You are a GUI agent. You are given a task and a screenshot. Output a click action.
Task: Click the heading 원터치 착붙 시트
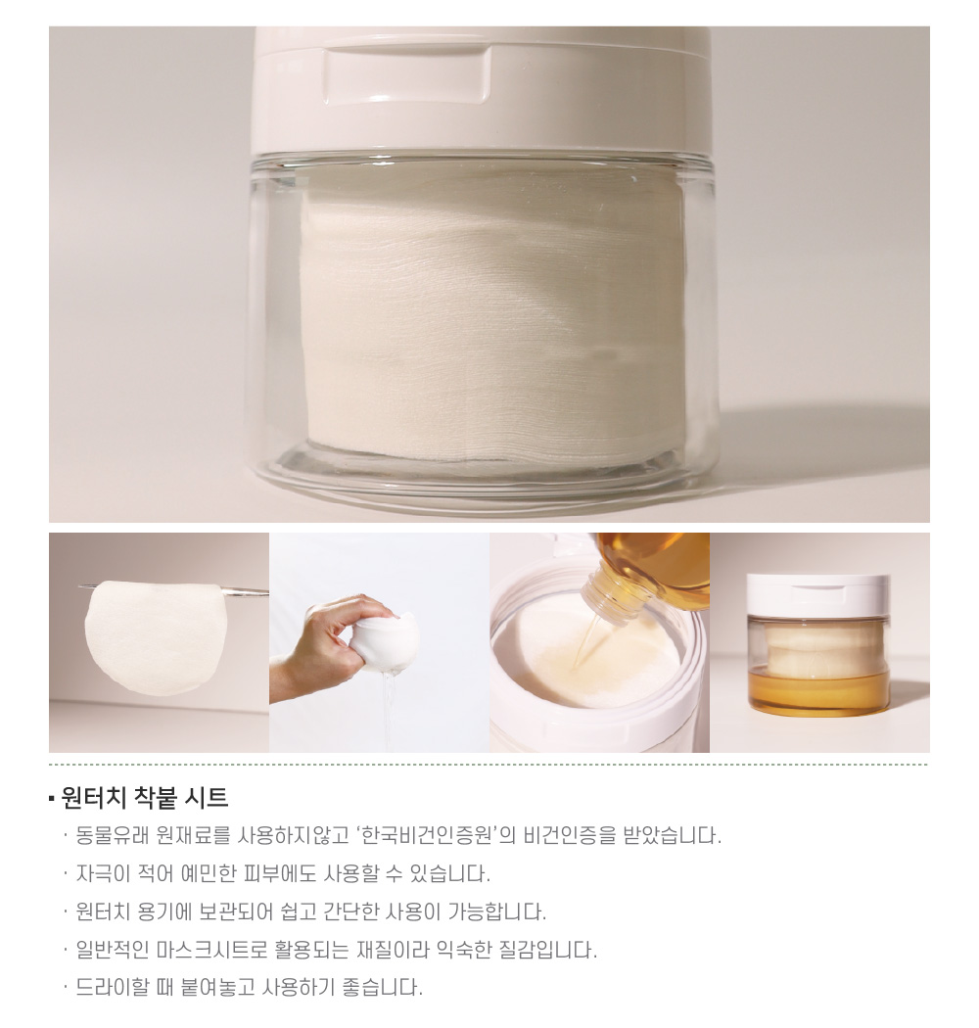click(144, 798)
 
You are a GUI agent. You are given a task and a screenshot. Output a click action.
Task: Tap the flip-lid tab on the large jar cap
click(406, 74)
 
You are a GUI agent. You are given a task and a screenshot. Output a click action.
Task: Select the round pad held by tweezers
click(156, 636)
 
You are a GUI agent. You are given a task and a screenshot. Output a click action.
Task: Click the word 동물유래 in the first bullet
click(114, 836)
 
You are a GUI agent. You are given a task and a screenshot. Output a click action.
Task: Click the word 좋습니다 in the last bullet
click(382, 987)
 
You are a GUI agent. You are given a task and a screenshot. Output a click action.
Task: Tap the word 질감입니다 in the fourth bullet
click(548, 950)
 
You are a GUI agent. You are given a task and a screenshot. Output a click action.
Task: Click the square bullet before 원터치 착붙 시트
click(51, 799)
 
